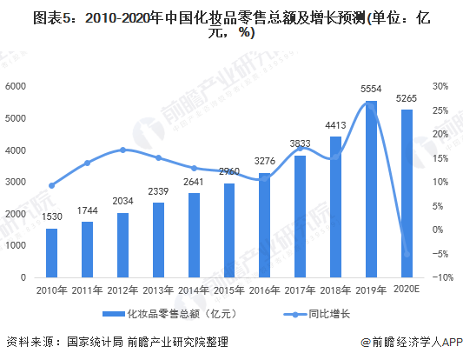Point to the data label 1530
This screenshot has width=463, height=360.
pyautogui.click(x=52, y=217)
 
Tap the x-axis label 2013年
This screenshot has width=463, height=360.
pyautogui.click(x=158, y=289)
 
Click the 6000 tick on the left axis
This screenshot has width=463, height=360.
pyautogui.click(x=16, y=86)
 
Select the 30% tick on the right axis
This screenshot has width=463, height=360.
pyautogui.click(x=440, y=86)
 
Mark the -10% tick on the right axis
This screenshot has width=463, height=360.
pyautogui.click(x=440, y=277)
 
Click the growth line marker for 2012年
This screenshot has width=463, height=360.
pyautogui.click(x=122, y=150)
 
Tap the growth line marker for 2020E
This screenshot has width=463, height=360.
pyautogui.click(x=407, y=254)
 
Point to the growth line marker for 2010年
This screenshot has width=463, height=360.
pyautogui.click(x=52, y=185)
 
